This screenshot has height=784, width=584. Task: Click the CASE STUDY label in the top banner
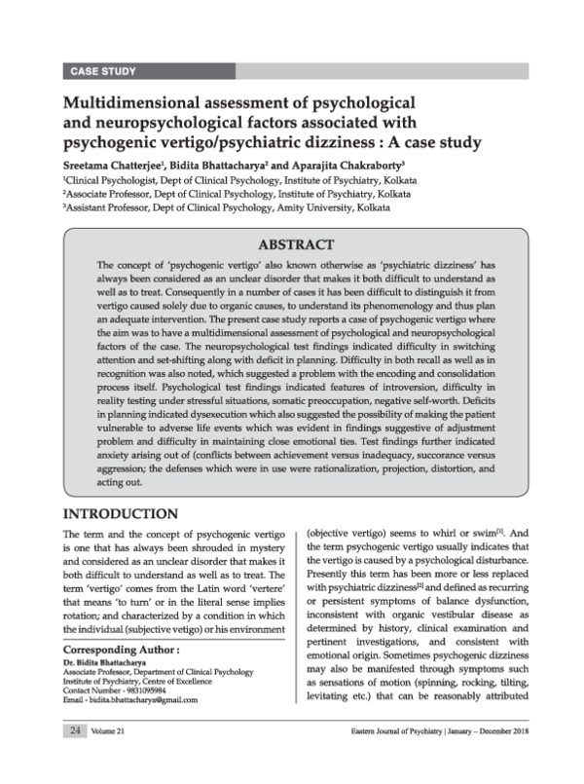[103, 71]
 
